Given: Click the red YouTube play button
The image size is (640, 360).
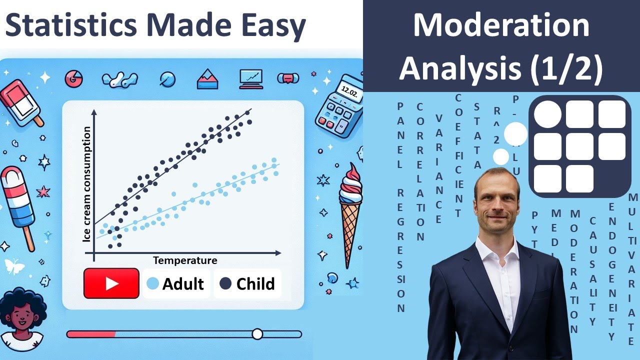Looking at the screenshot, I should [111, 283].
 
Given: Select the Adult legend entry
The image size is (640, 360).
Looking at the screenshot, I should [176, 283].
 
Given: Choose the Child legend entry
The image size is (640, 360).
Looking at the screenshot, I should [248, 283].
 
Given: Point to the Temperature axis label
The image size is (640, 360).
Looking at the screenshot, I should [185, 260].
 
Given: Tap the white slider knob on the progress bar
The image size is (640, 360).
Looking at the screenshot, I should [257, 334].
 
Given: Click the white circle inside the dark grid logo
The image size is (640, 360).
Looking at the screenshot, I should [547, 114].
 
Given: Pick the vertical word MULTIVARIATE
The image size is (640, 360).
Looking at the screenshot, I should [632, 270].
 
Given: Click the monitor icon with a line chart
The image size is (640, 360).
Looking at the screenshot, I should [250, 78].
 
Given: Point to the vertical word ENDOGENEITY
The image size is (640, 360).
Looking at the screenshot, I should [612, 272].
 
